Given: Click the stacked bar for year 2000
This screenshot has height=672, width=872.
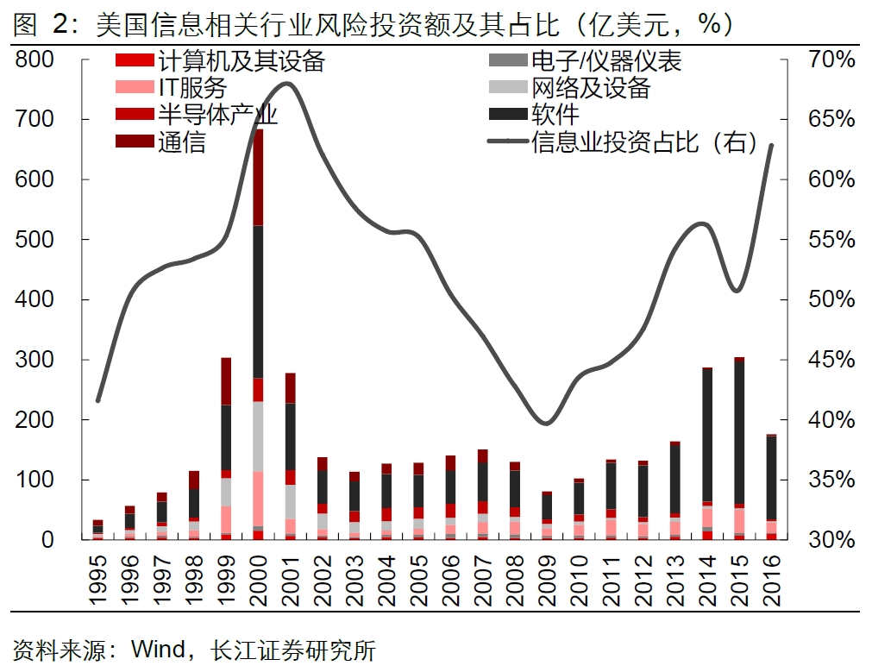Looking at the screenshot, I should pyautogui.click(x=258, y=345).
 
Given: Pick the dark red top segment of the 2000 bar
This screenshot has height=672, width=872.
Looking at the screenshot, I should pyautogui.click(x=258, y=177).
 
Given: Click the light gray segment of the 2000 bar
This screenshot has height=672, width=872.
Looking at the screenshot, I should pyautogui.click(x=258, y=436).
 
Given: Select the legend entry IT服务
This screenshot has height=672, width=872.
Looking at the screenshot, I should pyautogui.click(x=191, y=87).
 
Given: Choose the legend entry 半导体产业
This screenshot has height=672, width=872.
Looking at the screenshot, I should pyautogui.click(x=216, y=114).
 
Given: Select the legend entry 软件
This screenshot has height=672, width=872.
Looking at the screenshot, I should pyautogui.click(x=555, y=114).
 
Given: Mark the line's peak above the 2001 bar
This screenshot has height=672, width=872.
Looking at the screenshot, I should pyautogui.click(x=288, y=84).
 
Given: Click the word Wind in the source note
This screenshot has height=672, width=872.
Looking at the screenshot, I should pyautogui.click(x=157, y=648).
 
